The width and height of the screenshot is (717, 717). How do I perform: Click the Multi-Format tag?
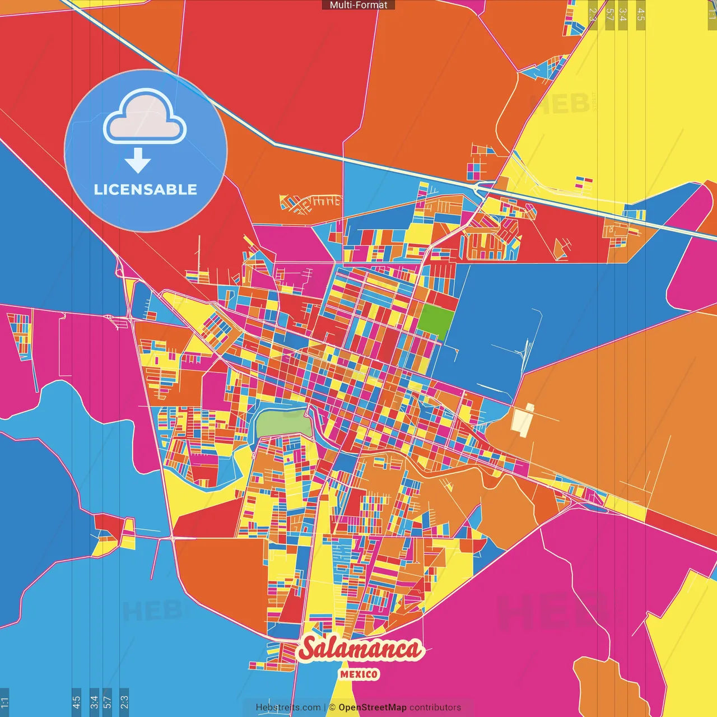(x=358, y=5)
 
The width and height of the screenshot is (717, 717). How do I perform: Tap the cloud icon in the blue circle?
(x=145, y=118)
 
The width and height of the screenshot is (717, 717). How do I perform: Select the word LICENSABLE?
(x=146, y=189)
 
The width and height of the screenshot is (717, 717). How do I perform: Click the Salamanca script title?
(x=360, y=649)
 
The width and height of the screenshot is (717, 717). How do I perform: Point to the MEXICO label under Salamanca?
(x=359, y=674)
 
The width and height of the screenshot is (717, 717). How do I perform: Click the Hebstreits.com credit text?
(x=288, y=707)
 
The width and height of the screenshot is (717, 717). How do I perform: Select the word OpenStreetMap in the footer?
(x=372, y=707)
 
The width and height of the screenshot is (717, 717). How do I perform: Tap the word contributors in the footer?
(x=435, y=707)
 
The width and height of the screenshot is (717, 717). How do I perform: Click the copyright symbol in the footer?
(x=332, y=707)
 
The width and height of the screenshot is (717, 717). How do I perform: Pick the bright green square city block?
(x=436, y=322)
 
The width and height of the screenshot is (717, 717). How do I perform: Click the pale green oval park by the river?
(x=283, y=422)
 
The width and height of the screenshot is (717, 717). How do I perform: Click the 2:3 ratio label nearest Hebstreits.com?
(x=124, y=701)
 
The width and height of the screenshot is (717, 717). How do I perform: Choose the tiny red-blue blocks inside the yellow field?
(x=584, y=182)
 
